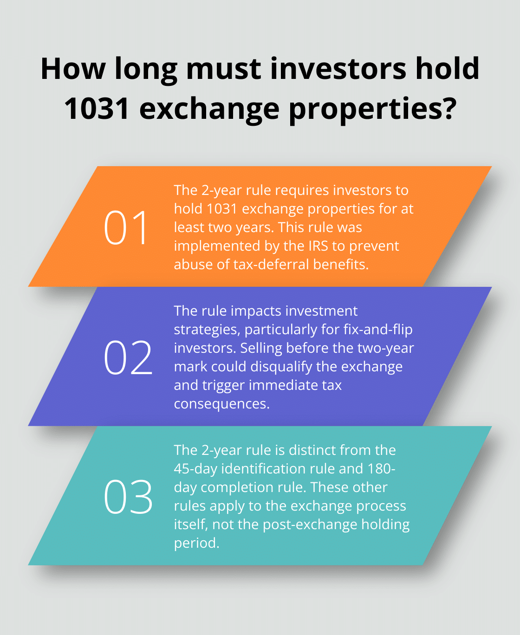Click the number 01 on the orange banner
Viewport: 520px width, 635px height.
click(x=126, y=227)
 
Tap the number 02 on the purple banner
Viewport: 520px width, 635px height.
click(x=128, y=357)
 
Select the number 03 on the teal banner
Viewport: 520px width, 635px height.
click(x=128, y=497)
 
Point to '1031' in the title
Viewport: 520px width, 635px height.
click(x=97, y=108)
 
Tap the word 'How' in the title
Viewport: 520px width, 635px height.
click(x=73, y=68)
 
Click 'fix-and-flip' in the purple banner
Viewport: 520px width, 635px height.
click(x=378, y=330)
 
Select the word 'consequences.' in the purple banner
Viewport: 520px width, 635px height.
click(x=221, y=404)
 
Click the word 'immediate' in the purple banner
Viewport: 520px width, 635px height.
click(x=278, y=385)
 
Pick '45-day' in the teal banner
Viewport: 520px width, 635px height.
click(x=195, y=469)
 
